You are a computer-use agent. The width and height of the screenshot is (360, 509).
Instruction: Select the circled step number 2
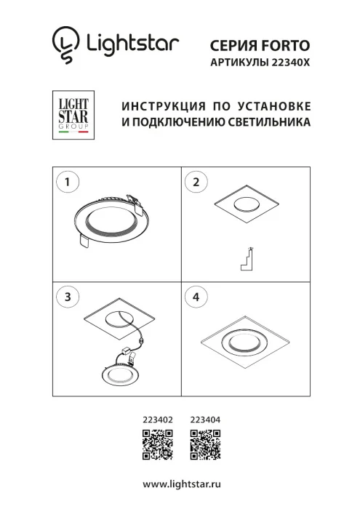click(196, 182)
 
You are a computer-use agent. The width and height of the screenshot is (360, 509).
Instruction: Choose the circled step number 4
click(196, 297)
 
